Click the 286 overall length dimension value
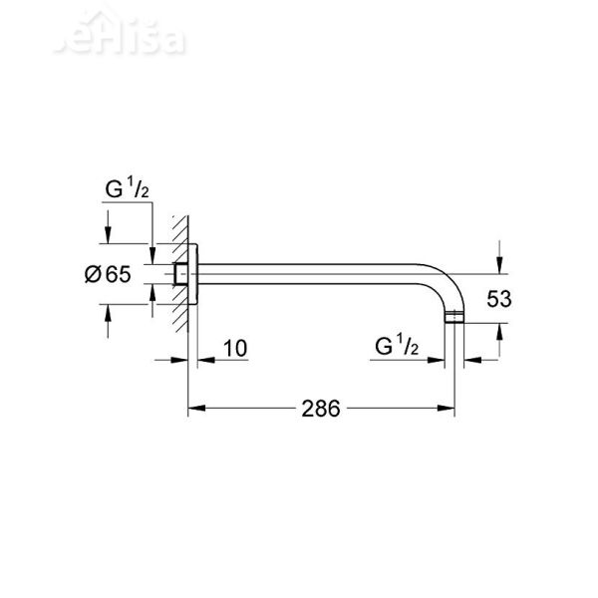point(322,409)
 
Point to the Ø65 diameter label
point(107,276)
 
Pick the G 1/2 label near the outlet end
point(397,347)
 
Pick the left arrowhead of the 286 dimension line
point(195,409)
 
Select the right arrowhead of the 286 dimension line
point(448,409)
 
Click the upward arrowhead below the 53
point(495,330)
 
